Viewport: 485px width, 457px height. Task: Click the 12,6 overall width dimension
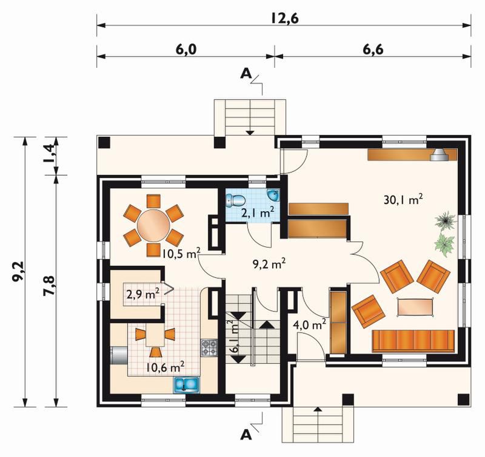click(284, 18)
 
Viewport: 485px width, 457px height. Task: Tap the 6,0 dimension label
click(187, 49)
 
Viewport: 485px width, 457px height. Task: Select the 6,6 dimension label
click(373, 49)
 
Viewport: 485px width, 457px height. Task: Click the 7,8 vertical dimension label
click(49, 286)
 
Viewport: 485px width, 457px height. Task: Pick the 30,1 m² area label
click(403, 200)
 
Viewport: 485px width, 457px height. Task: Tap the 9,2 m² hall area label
click(269, 264)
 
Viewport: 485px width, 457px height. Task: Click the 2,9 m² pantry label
click(143, 294)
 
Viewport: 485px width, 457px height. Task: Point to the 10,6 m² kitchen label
click(166, 367)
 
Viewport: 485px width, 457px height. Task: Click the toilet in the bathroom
click(235, 200)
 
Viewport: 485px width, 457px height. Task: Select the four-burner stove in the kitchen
click(209, 347)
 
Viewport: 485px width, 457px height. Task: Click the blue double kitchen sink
click(187, 384)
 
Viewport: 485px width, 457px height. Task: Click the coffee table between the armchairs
click(415, 307)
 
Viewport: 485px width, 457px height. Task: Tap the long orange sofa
click(413, 341)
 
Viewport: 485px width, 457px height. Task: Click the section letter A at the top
click(246, 73)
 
